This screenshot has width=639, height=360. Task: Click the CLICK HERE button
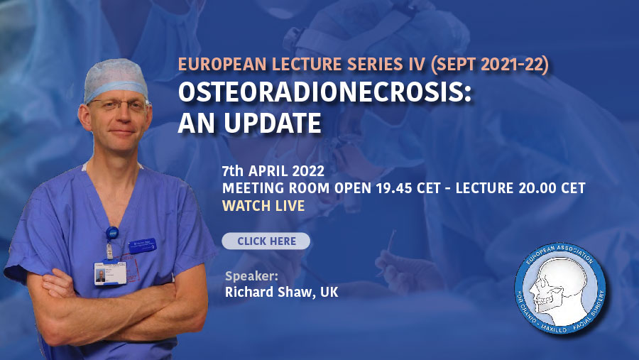266,241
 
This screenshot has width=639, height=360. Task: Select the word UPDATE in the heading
273,123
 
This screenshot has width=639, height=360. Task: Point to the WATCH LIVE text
263,205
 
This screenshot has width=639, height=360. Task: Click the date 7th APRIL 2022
273,171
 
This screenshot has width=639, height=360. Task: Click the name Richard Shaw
269,292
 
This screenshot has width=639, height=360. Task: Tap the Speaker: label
251,276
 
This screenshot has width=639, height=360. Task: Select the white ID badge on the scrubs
110,273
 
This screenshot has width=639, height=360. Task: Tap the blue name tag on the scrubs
142,246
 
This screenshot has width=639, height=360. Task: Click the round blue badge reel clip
112,234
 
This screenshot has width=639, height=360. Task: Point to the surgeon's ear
84,119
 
